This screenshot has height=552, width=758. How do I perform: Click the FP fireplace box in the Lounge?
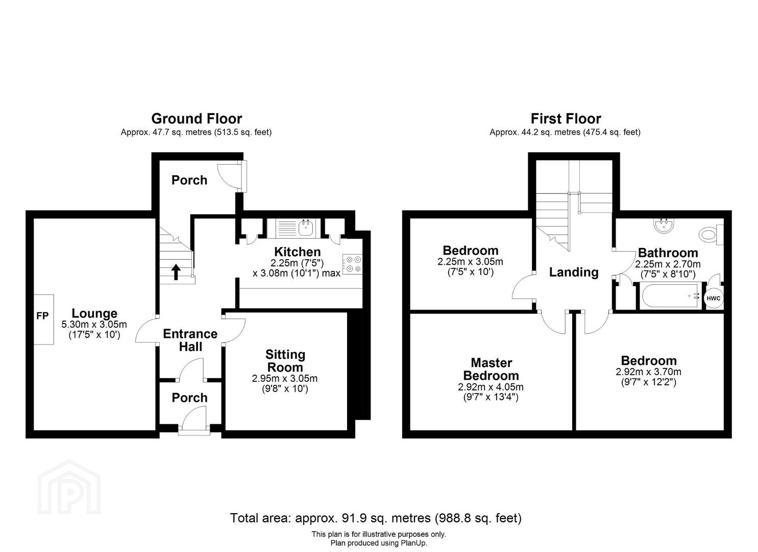(x=43, y=319)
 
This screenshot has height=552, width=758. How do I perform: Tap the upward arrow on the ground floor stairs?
(x=176, y=272)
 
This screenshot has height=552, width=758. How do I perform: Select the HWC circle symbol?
(x=714, y=298)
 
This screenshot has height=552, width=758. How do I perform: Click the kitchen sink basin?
(x=307, y=228)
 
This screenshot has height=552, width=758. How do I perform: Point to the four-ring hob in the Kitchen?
(x=353, y=264)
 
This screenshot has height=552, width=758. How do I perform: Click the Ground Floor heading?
(x=197, y=119)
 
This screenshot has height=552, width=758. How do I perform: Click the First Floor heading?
(x=566, y=119)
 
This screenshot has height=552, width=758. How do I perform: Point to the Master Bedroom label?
(x=491, y=369)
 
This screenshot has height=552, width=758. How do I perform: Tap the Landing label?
(x=574, y=272)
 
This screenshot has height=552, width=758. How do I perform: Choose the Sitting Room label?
(x=285, y=360)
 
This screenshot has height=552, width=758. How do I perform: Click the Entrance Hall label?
(x=190, y=340)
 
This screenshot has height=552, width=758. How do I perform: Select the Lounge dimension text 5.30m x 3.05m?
(x=94, y=324)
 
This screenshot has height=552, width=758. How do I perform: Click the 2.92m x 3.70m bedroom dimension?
(x=648, y=372)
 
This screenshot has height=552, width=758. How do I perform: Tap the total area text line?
(x=376, y=518)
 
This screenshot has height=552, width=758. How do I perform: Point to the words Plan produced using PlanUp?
(x=379, y=543)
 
